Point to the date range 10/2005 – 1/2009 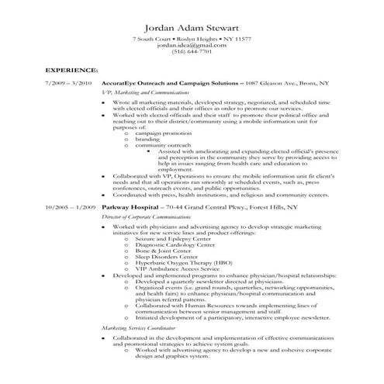click(x=70, y=209)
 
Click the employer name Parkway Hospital click(x=130, y=209)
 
